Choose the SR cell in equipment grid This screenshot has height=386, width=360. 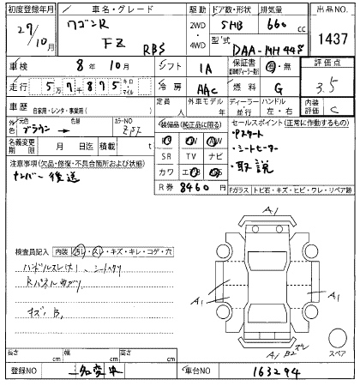coord(169,155)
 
